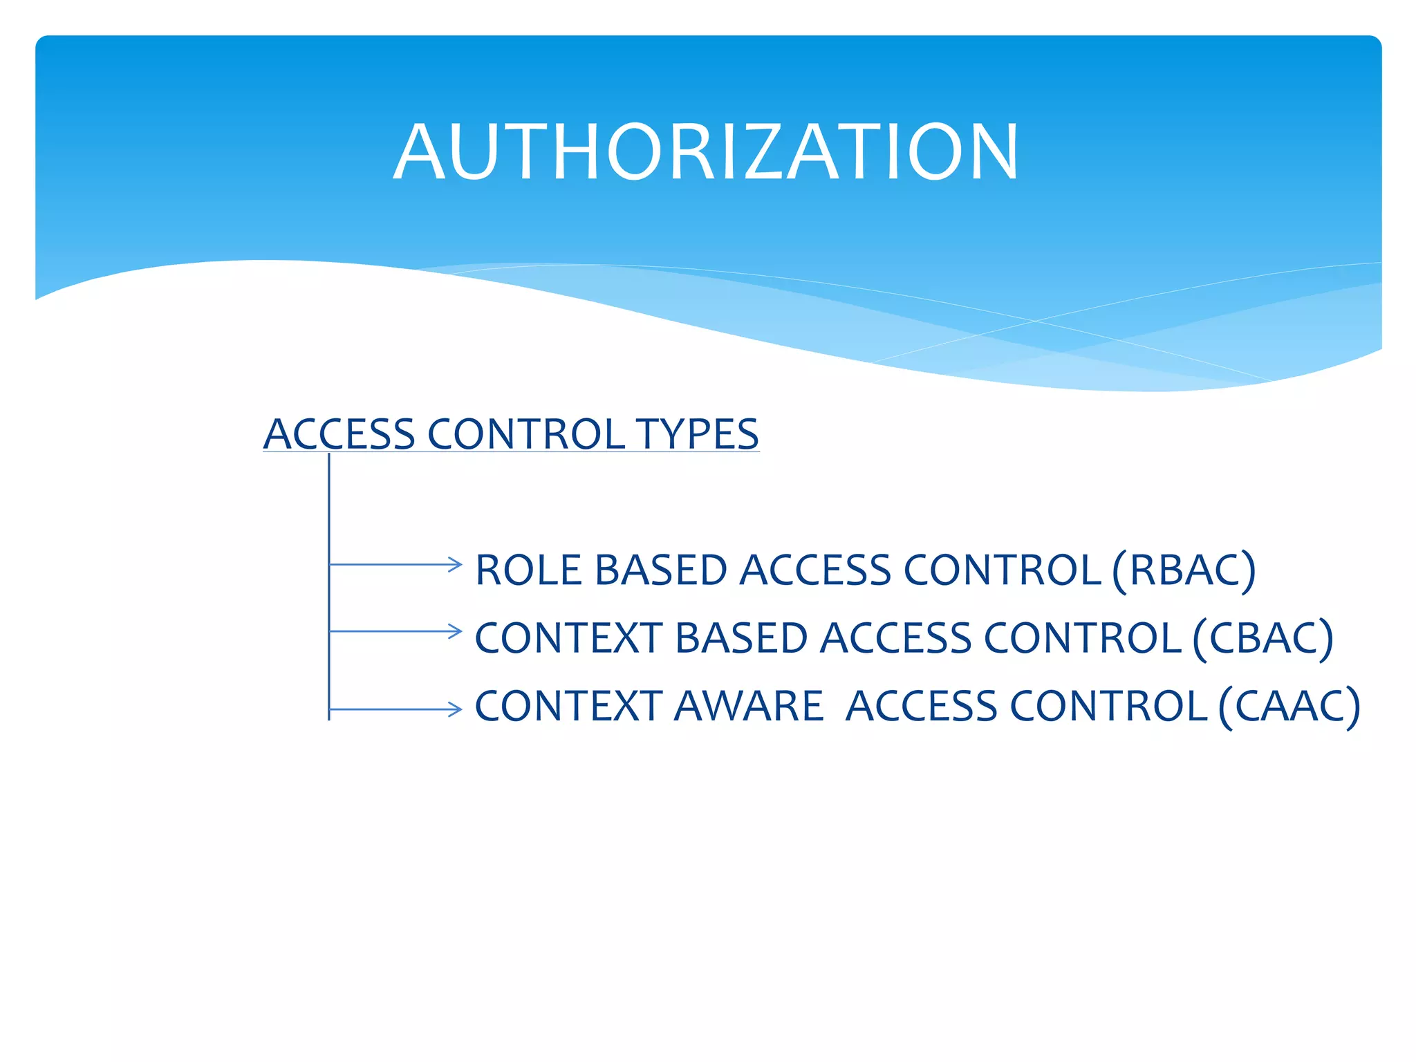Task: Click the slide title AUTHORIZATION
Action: click(x=706, y=152)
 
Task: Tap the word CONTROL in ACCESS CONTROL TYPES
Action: click(x=526, y=434)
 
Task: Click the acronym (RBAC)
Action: click(x=1184, y=570)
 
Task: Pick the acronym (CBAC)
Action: click(x=1263, y=637)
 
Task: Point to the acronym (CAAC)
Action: click(x=1289, y=706)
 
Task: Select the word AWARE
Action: click(x=748, y=706)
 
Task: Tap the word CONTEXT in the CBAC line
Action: click(x=568, y=637)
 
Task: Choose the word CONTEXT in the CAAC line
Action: click(x=568, y=706)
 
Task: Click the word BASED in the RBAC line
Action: click(x=660, y=570)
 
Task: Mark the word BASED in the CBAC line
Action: click(x=740, y=637)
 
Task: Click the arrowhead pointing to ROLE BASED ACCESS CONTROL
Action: click(x=454, y=564)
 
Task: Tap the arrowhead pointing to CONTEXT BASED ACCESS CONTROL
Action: click(x=454, y=631)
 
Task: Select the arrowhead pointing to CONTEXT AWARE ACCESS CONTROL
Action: click(x=454, y=709)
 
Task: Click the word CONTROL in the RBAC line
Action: click(x=1002, y=570)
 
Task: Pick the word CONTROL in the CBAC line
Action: click(x=1082, y=637)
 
